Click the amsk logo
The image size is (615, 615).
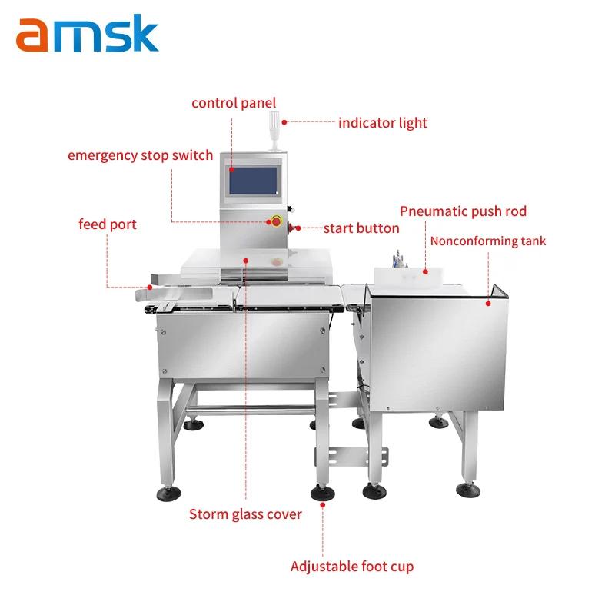click(87, 35)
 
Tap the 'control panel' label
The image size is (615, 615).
click(234, 103)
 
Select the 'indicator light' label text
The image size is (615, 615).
click(383, 123)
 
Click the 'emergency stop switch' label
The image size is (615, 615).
click(140, 155)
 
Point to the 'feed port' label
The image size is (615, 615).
click(108, 224)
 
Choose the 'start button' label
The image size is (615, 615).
click(361, 228)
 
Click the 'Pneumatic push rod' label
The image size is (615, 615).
click(463, 211)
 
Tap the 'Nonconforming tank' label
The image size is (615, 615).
click(488, 241)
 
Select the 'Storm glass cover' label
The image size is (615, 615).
click(245, 514)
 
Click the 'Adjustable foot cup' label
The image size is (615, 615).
click(352, 567)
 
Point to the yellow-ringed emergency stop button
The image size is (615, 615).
click(275, 221)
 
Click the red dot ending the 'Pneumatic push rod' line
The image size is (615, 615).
click(426, 271)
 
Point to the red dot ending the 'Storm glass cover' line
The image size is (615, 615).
click(245, 261)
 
